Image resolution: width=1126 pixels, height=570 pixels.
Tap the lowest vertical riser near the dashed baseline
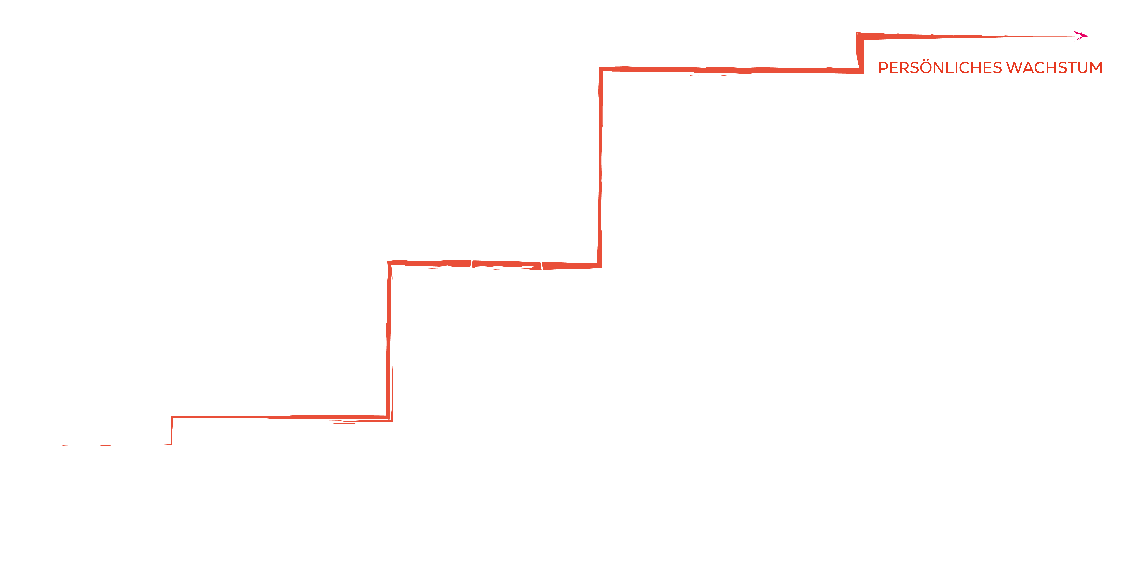coord(172,431)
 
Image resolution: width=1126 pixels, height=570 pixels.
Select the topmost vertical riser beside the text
coord(860,52)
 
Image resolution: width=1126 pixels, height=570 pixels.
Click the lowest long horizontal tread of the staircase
coord(280,418)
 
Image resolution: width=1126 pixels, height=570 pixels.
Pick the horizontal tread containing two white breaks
coord(494,264)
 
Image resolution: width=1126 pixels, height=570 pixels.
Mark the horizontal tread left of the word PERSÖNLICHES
coord(730,70)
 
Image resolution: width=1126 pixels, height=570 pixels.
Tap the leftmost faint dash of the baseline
coord(31,446)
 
